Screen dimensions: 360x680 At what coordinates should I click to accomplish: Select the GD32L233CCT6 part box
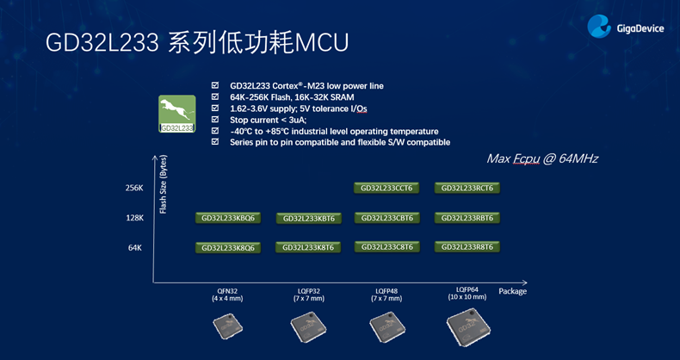386,188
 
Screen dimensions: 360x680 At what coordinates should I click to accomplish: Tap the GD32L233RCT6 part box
467,188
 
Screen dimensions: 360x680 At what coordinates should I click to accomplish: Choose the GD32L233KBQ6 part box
228,218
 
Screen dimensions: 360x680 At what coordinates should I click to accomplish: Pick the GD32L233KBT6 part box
307,218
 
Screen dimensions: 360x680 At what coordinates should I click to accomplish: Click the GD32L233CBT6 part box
386,218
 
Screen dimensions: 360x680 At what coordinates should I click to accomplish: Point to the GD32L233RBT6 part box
467,218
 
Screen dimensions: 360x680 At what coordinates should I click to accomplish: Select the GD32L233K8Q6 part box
228,247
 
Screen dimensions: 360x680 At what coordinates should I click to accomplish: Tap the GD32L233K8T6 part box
307,247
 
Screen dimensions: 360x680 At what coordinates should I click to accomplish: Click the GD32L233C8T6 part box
386,246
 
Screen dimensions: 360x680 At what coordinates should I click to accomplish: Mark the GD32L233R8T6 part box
467,246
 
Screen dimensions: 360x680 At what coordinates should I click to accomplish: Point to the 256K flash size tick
134,188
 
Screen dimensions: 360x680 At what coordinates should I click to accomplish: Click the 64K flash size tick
134,247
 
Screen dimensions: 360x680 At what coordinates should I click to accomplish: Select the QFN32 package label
227,295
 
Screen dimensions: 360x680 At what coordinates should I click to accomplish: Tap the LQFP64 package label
467,293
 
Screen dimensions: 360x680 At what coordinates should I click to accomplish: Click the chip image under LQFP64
467,328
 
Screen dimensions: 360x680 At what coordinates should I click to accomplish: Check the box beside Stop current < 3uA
215,120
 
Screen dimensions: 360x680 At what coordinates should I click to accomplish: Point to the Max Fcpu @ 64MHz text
542,158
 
